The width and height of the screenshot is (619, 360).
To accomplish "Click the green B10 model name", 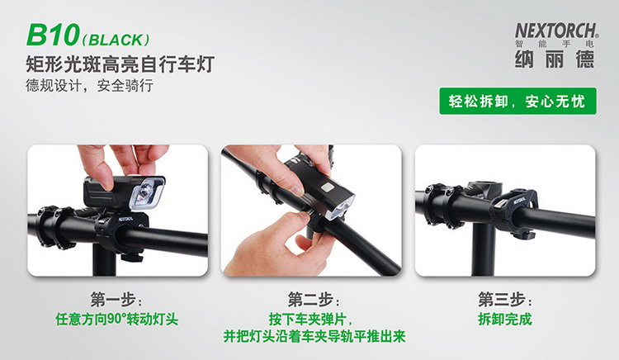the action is click(53, 35).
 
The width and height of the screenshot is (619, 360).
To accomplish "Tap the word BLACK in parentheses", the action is click(116, 40).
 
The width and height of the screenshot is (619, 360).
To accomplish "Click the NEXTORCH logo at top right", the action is click(556, 31).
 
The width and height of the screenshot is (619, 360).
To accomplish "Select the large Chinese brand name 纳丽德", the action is click(555, 59).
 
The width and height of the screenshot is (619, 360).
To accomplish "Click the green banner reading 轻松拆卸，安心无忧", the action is click(517, 102).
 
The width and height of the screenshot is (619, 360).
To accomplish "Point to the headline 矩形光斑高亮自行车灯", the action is click(120, 64).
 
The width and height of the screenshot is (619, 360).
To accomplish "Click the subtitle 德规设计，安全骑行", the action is click(89, 85).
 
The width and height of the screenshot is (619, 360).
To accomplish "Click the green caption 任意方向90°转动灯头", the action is click(117, 319).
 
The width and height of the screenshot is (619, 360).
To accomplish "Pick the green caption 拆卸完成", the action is click(505, 319).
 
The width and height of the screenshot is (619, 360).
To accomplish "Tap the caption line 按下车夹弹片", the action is click(309, 319).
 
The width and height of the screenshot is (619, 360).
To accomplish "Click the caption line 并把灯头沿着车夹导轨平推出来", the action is click(314, 336).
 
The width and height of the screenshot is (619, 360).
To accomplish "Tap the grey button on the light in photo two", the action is click(328, 187).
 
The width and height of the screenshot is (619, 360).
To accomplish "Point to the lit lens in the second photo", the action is click(339, 207).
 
